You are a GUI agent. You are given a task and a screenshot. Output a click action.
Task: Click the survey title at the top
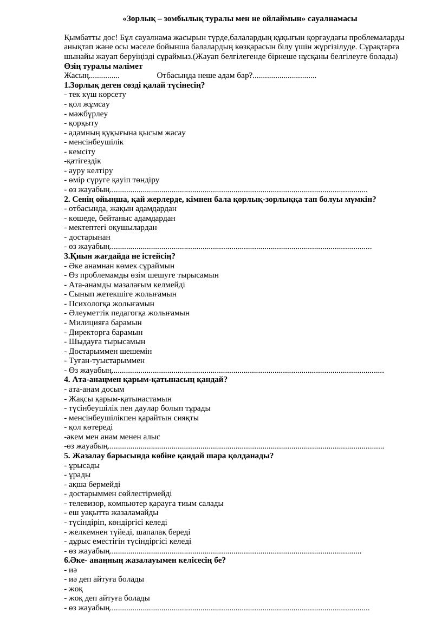pos(239,19)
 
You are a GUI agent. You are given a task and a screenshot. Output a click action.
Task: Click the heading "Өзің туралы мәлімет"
pos(103,66)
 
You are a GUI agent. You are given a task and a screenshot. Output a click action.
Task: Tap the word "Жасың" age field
pos(76,76)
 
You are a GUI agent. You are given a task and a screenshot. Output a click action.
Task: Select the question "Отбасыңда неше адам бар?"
pos(204,76)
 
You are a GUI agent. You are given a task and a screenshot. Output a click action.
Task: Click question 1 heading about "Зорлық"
pos(134,85)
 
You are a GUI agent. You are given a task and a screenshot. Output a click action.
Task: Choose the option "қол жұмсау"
pos(89,104)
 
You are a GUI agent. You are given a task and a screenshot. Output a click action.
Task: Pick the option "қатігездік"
pos(83,161)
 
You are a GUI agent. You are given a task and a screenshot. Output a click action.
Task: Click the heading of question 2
pos(220,199)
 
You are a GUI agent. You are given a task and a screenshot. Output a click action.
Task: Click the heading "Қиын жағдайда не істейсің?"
pos(120,256)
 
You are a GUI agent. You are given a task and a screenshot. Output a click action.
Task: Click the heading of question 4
pos(146,379)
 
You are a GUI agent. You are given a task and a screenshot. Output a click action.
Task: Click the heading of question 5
pos(168,456)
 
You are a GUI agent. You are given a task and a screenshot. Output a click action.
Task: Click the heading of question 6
pos(145,560)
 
